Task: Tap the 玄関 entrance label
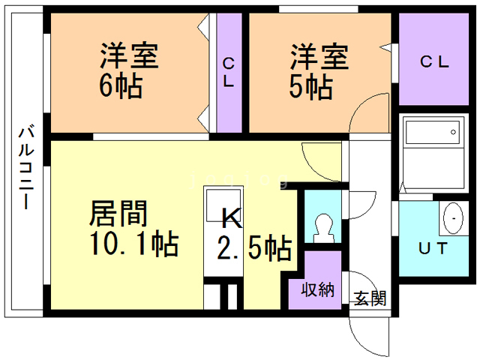[x=369, y=299]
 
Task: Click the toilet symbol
[x=323, y=226]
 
